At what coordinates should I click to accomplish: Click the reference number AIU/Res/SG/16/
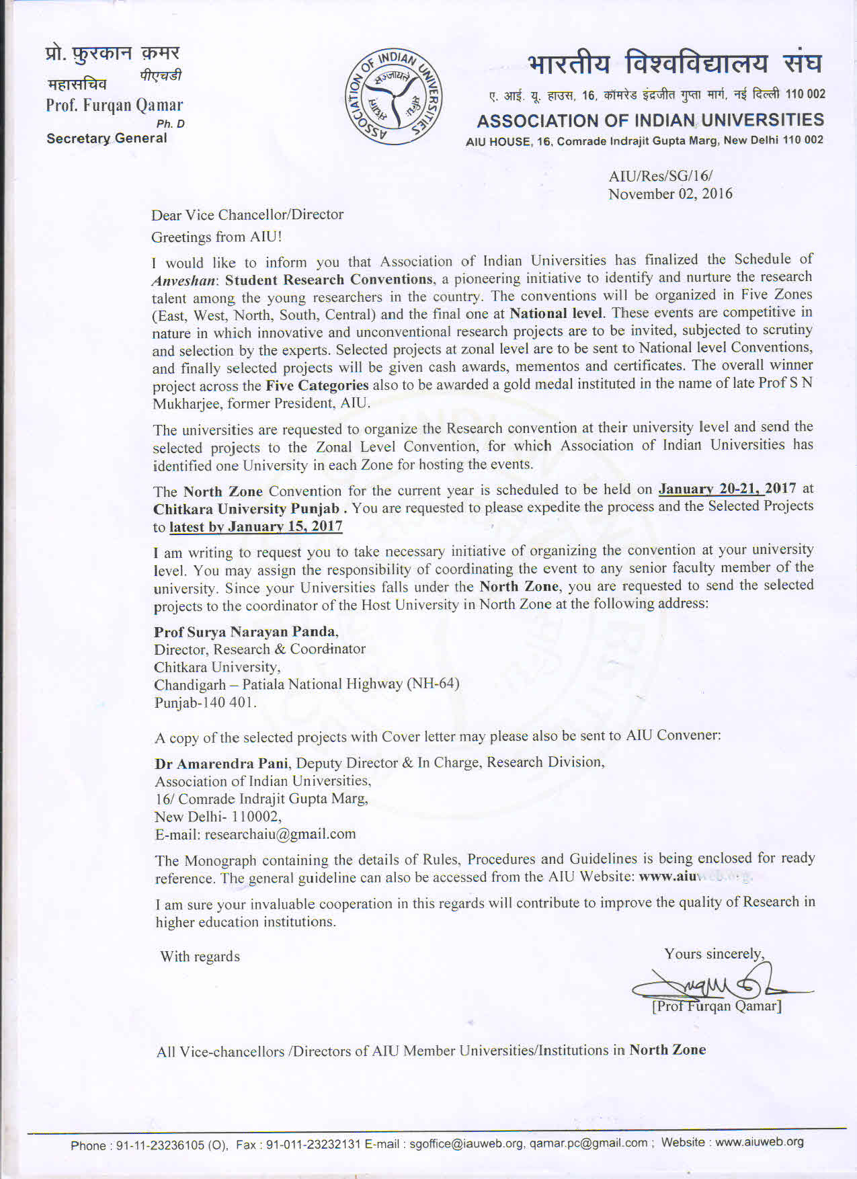[x=660, y=176]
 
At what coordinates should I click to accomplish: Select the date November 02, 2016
[x=670, y=194]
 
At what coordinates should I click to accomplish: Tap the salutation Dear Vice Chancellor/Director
[x=247, y=215]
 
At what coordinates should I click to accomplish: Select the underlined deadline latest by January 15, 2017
[x=256, y=526]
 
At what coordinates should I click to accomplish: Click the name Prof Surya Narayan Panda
[x=245, y=632]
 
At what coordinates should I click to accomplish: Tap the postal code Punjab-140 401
[x=205, y=702]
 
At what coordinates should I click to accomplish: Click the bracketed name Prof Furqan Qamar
[x=717, y=1006]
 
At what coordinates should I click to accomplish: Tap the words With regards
[x=200, y=957]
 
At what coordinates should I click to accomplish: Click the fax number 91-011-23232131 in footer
[x=314, y=1145]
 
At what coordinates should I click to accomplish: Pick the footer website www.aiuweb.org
[x=760, y=1142]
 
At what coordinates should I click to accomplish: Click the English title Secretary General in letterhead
[x=107, y=138]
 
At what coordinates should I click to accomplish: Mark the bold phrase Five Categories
[x=317, y=386]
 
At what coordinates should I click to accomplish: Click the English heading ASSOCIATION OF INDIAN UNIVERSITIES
[x=650, y=121]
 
